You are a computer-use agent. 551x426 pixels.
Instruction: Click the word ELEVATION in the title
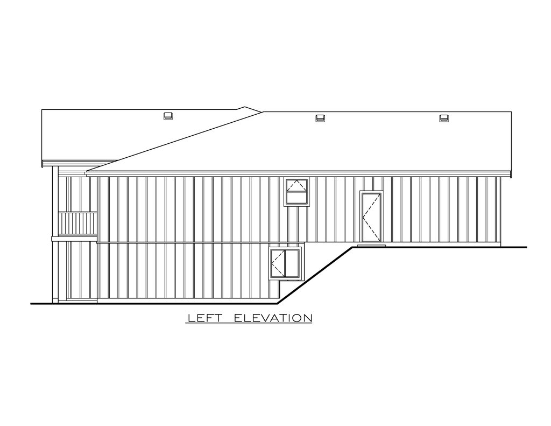coord(273,318)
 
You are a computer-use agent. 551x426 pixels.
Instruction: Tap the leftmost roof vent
coord(168,116)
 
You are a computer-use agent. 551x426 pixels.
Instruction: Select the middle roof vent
coord(320,118)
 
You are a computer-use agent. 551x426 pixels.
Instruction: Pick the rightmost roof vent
coord(444,118)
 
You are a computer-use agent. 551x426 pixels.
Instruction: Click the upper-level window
coord(297,192)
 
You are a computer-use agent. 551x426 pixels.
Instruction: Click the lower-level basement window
coord(285,263)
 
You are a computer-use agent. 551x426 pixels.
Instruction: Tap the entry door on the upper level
coord(372,217)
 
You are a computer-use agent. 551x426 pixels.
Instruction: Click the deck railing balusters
coord(77,223)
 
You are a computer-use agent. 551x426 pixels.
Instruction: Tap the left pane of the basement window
coord(278,263)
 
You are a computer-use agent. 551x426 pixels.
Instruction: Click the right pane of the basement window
coord(293,263)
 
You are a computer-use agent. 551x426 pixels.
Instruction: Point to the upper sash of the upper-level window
coord(297,185)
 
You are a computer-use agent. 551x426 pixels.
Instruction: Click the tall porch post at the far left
coord(55,234)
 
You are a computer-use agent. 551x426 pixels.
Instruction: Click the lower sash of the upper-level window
coord(297,198)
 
